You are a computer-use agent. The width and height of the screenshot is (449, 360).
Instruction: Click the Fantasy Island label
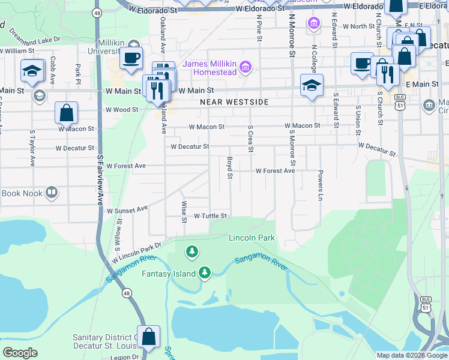(169, 274)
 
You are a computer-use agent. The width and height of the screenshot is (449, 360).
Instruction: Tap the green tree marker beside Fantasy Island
(205, 273)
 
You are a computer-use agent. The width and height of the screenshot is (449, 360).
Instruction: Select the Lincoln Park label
(252, 238)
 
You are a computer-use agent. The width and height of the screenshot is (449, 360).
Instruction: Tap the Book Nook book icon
(52, 193)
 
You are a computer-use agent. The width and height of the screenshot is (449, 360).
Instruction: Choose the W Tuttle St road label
(209, 215)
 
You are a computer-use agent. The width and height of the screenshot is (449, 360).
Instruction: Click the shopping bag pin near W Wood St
(66, 113)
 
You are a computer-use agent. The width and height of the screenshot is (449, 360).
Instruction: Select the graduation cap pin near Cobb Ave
(32, 71)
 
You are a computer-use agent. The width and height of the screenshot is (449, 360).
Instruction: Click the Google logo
(20, 353)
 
